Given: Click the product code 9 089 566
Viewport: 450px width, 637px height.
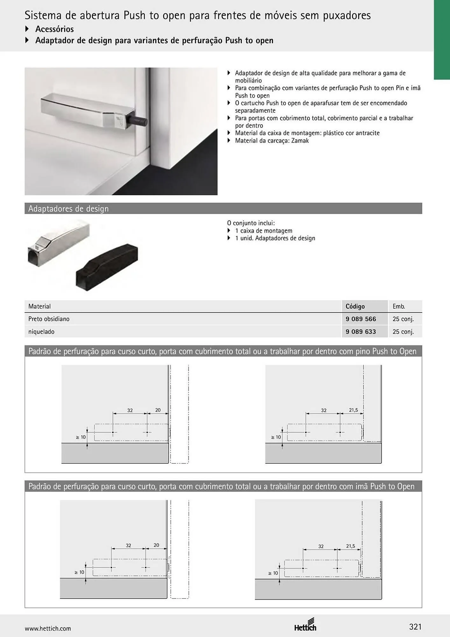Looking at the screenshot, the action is (x=361, y=319).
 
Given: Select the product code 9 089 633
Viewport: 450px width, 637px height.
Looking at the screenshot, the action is (x=361, y=332).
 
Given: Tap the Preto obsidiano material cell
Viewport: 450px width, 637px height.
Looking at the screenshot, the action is (x=49, y=319).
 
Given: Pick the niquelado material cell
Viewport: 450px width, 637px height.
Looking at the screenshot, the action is (x=41, y=332).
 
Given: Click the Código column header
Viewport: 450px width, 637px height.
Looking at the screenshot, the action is (x=355, y=306).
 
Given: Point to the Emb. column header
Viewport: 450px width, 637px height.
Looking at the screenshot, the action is (x=399, y=306).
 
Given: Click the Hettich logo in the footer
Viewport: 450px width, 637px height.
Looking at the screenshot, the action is (x=305, y=624).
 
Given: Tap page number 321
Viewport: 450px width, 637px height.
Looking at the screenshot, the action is (x=415, y=627).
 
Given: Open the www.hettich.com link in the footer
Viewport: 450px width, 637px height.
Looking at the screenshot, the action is (x=48, y=628).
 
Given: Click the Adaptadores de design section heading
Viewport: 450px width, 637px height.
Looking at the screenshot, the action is (x=68, y=209).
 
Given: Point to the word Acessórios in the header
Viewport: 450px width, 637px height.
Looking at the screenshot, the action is (x=54, y=29).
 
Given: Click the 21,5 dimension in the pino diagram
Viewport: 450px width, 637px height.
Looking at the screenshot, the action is (x=353, y=410).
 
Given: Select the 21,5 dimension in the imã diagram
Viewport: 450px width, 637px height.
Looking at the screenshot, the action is (x=350, y=546).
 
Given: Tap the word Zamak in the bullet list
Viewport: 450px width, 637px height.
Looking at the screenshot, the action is (x=300, y=141).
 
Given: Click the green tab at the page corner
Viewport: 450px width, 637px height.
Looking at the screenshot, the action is (x=442, y=40).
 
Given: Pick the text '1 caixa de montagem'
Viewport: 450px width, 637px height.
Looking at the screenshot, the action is (x=264, y=231).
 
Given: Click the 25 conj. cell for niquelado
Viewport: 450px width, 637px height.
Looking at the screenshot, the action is (x=403, y=332).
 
